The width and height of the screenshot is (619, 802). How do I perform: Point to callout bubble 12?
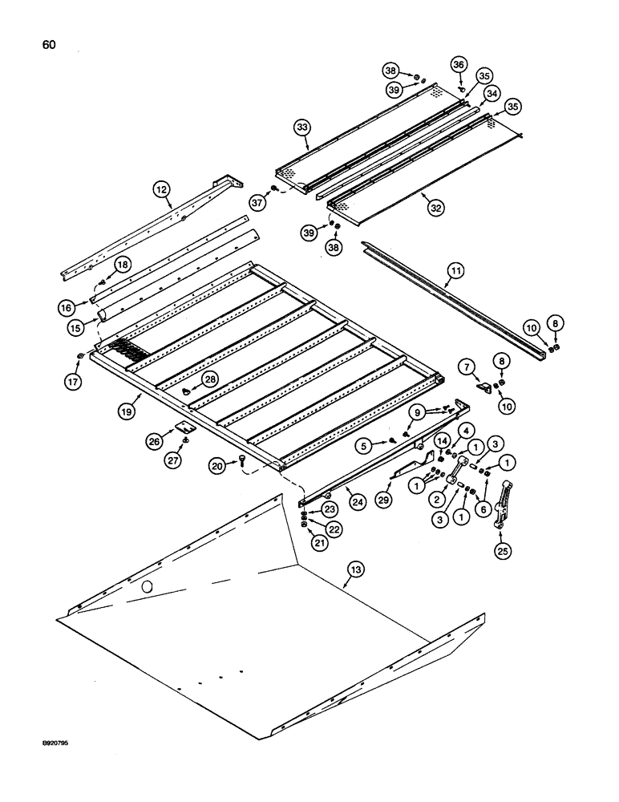click(x=162, y=189)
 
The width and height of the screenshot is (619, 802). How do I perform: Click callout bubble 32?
click(x=435, y=207)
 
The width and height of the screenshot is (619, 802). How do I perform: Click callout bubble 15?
click(x=77, y=330)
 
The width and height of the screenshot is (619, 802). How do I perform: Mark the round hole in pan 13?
click(x=147, y=589)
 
